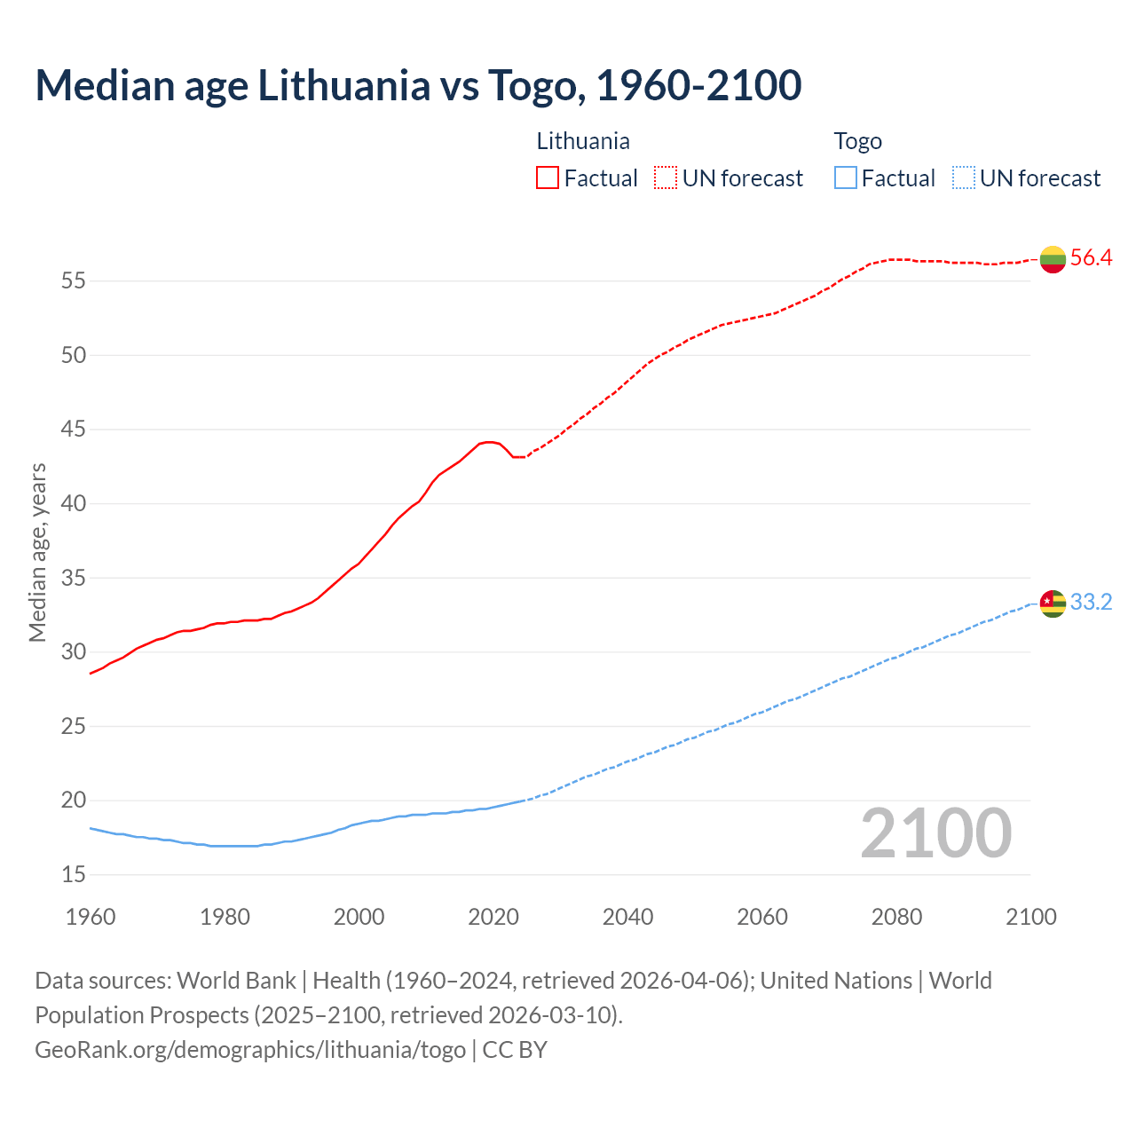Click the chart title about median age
pos(418,85)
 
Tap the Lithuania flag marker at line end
pos(1053,258)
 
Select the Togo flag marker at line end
pos(1053,603)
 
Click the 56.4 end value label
pos(1091,258)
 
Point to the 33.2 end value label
pos(1091,603)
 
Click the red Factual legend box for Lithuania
pos(548,178)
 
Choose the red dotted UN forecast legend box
pos(666,178)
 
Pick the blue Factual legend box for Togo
pos(846,178)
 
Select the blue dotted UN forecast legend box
pos(963,178)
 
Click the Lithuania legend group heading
pos(583,141)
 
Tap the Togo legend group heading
pos(857,141)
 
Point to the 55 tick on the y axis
pos(73,281)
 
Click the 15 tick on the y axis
pos(73,875)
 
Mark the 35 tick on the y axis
pos(73,579)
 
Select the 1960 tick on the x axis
pos(91,917)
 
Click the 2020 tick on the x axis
pos(493,917)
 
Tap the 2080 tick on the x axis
pos(896,917)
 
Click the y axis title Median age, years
pos(37,552)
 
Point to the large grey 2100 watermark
pos(935,833)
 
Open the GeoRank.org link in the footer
pos(250,1050)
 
